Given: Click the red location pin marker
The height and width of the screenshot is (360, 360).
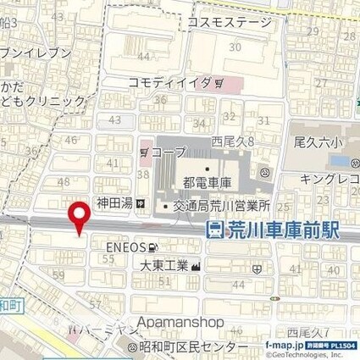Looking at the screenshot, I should click(80, 219).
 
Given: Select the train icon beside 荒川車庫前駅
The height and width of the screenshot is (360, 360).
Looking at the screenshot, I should click(214, 229).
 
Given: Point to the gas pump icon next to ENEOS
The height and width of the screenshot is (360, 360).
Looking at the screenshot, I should click(152, 246).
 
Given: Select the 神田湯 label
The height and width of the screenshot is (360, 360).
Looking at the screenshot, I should click(115, 204).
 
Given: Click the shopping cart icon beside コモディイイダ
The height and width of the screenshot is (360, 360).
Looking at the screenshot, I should click(219, 84).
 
